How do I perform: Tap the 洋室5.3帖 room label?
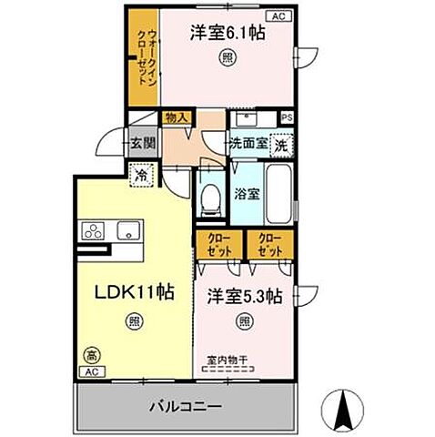[x=243, y=296]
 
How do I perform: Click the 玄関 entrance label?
[x=142, y=142]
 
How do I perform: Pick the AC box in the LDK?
[x=91, y=372]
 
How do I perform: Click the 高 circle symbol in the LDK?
[x=91, y=355]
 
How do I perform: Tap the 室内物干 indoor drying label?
[x=228, y=361]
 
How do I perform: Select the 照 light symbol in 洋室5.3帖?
[x=243, y=320]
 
